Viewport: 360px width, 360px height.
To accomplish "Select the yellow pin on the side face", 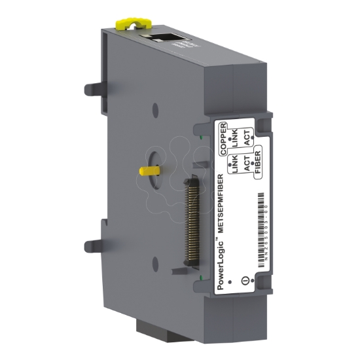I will click(150, 170).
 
